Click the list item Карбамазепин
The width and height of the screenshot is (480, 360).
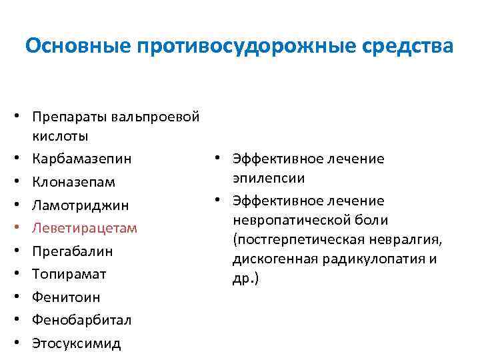pyautogui.click(x=81, y=159)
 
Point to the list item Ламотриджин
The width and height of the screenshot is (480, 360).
pyautogui.click(x=80, y=205)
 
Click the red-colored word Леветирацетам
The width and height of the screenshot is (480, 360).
pyautogui.click(x=84, y=228)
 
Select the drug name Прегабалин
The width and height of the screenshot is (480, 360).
pyautogui.click(x=71, y=251)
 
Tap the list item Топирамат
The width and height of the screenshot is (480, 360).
pyautogui.click(x=69, y=274)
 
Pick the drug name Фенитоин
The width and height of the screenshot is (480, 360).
pyautogui.click(x=65, y=297)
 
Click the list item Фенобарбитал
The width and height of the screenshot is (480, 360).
pyautogui.click(x=81, y=320)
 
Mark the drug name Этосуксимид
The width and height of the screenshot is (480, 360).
pyautogui.click(x=76, y=343)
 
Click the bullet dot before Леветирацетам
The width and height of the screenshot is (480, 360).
pyautogui.click(x=22, y=229)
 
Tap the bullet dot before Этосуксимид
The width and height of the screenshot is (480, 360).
pyautogui.click(x=22, y=344)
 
